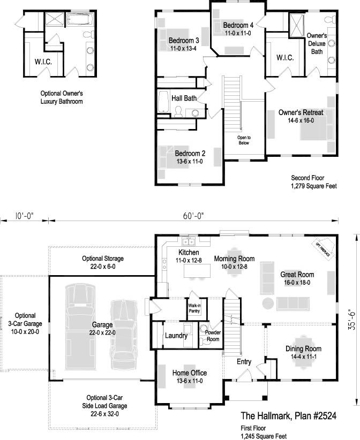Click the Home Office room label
click(x=190, y=373)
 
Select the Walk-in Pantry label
click(x=194, y=308)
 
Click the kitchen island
click(x=197, y=270)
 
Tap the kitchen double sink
click(x=188, y=241)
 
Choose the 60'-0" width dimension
click(x=194, y=216)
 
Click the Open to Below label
click(x=244, y=140)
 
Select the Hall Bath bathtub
click(x=163, y=101)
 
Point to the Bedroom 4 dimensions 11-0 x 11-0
click(x=238, y=33)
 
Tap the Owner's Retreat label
click(x=301, y=112)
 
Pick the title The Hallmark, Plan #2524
click(x=289, y=415)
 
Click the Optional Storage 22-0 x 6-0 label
click(x=103, y=262)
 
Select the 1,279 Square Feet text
click(x=314, y=186)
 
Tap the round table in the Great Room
click(x=268, y=304)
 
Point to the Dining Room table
click(x=303, y=352)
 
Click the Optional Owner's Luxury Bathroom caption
click(x=62, y=97)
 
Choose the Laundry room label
click(x=176, y=336)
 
